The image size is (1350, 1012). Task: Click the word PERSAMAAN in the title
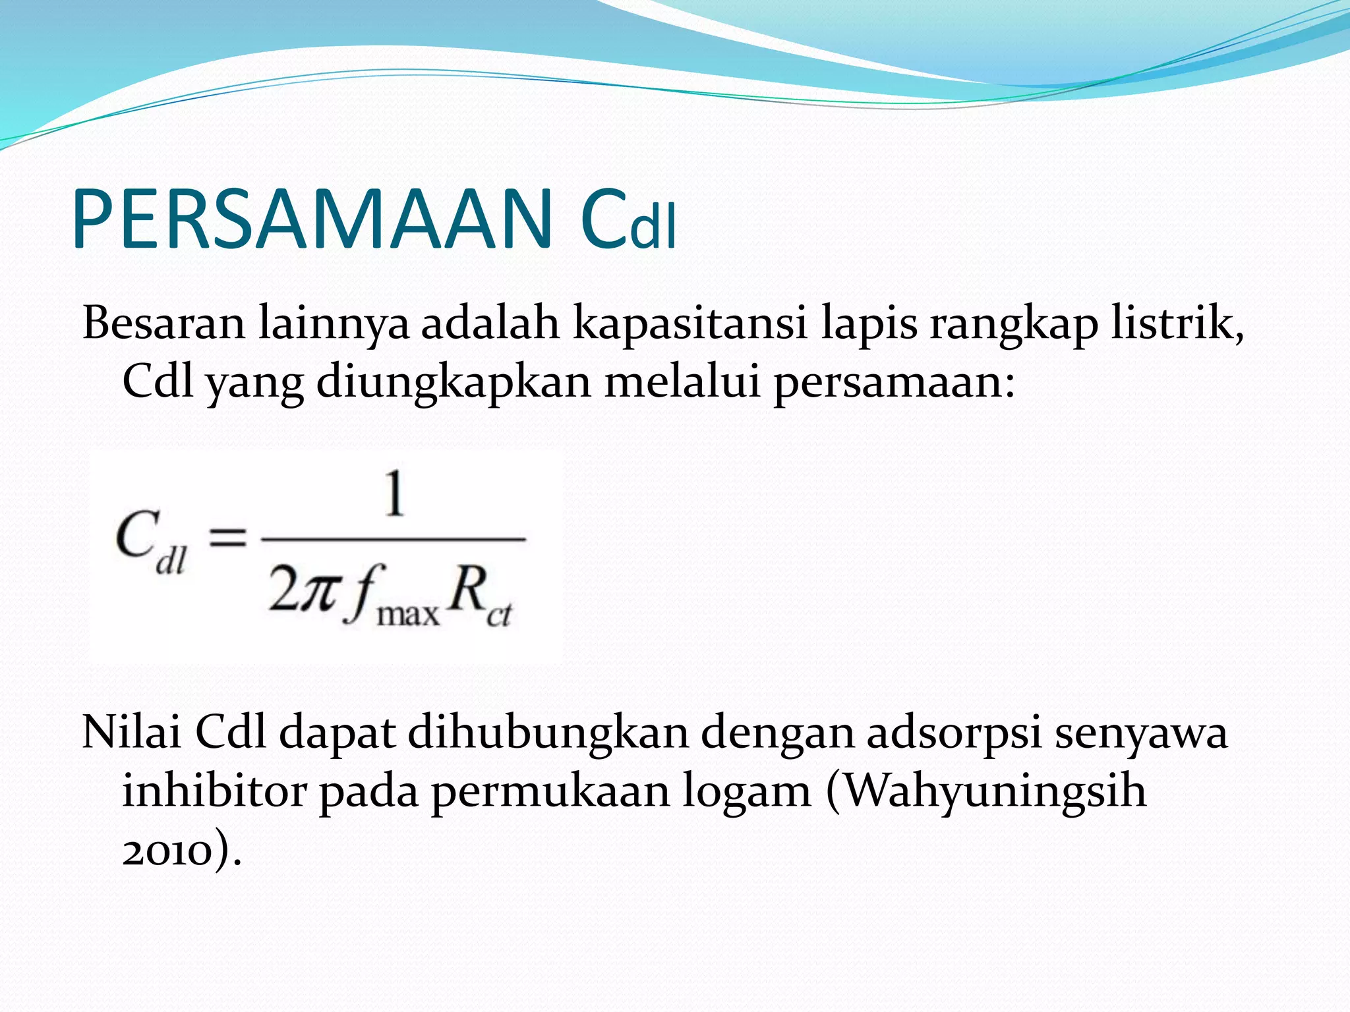click(x=312, y=219)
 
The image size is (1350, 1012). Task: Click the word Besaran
click(x=163, y=323)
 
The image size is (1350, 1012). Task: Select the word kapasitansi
click(x=690, y=323)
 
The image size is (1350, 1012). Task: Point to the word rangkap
click(x=1014, y=324)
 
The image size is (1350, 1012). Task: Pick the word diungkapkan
click(x=454, y=382)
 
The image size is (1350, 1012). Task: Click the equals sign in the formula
click(x=227, y=538)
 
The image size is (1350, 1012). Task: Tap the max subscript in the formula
click(x=407, y=614)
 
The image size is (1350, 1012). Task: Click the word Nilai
click(x=131, y=732)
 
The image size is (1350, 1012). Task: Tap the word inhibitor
click(x=214, y=791)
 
